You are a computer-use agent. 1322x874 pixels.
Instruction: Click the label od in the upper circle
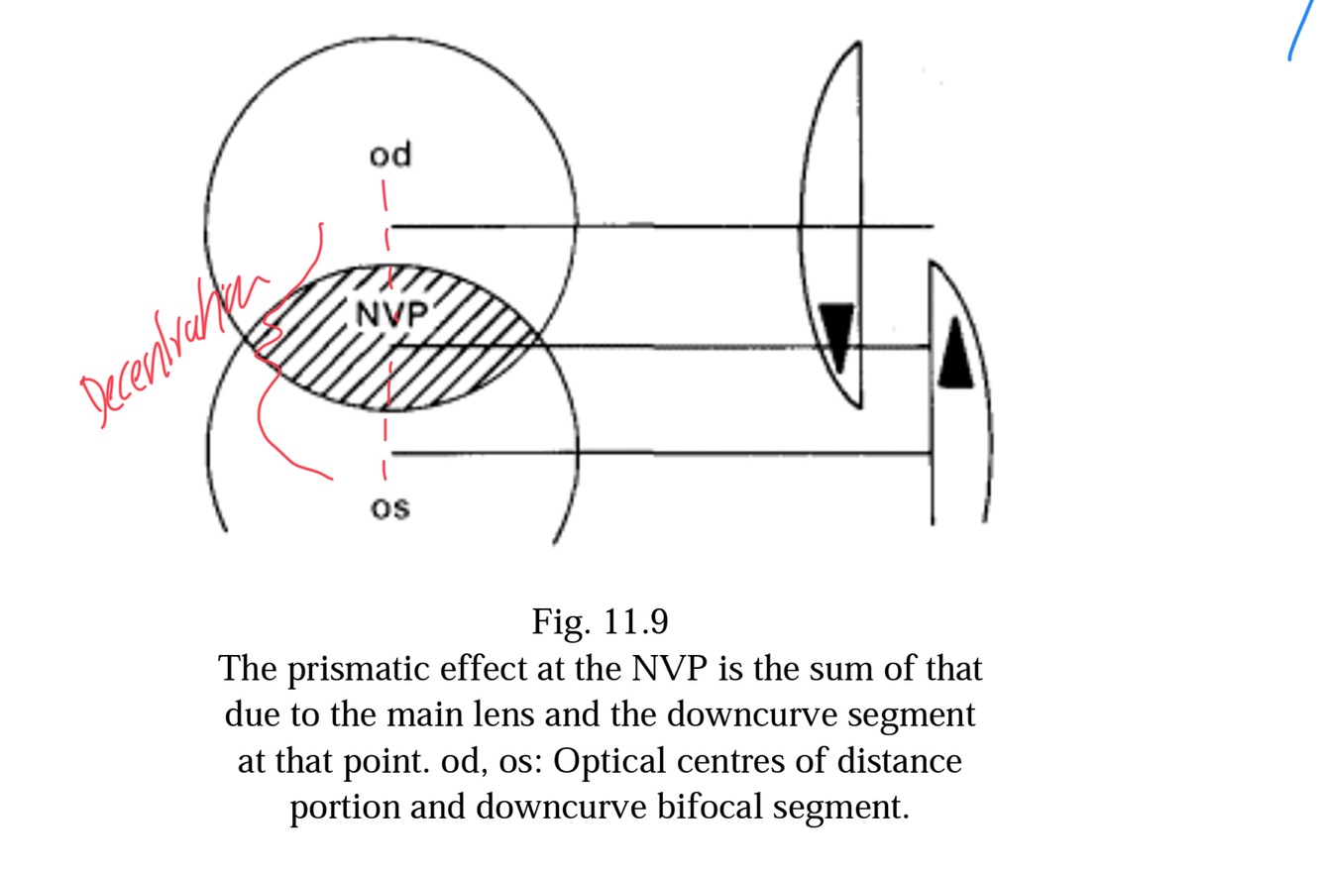[389, 156]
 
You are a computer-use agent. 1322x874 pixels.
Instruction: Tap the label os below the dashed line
[389, 507]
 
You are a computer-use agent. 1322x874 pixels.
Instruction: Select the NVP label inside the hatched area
[391, 314]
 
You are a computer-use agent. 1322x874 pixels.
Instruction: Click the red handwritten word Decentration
[168, 347]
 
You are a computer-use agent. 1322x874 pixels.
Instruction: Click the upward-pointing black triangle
[955, 354]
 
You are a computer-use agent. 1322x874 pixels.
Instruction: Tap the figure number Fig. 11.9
[600, 622]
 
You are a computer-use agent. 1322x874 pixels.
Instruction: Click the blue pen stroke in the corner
[1301, 30]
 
